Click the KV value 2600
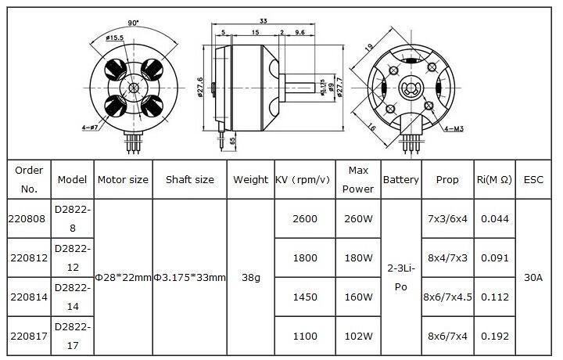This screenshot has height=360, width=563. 305,218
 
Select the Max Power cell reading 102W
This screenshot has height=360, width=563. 358,336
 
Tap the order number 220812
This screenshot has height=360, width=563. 29,257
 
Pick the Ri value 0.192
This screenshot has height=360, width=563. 495,336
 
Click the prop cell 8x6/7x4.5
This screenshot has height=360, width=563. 447,297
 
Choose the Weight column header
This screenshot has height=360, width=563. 251,179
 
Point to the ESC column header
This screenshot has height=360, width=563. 533,179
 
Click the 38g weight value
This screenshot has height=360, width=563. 251,277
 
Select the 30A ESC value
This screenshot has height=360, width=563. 533,277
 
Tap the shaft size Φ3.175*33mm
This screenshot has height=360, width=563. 189,277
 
